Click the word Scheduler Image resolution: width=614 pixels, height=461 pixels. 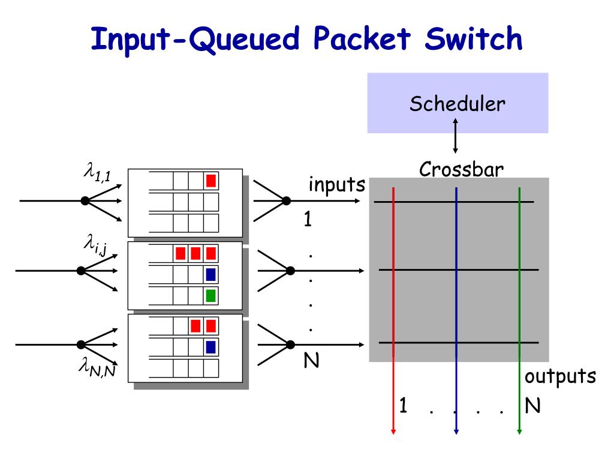[458, 104]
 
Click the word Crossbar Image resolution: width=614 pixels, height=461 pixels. [461, 169]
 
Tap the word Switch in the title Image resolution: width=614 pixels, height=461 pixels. [474, 38]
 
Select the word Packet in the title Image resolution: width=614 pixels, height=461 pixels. [362, 38]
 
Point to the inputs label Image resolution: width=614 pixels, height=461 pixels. [337, 184]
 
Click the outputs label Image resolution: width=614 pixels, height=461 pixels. [561, 376]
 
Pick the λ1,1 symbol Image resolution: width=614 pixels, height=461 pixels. [97, 172]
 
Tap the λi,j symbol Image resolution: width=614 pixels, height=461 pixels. [95, 245]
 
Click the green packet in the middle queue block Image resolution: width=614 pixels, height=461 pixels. [210, 295]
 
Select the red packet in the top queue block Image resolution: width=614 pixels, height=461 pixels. [211, 181]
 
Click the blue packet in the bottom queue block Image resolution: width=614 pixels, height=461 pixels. [210, 347]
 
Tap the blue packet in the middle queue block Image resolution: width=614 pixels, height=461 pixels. [210, 274]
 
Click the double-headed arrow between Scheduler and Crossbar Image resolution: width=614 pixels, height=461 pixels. [455, 136]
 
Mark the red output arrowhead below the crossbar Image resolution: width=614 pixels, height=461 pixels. [393, 432]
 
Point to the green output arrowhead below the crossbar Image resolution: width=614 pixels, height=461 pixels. [519, 432]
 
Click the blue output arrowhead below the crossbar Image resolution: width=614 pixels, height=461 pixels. [456, 432]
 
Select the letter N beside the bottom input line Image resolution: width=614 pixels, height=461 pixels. [311, 360]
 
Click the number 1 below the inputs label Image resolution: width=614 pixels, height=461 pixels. [308, 219]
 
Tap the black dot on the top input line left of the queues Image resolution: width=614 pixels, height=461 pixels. [85, 200]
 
